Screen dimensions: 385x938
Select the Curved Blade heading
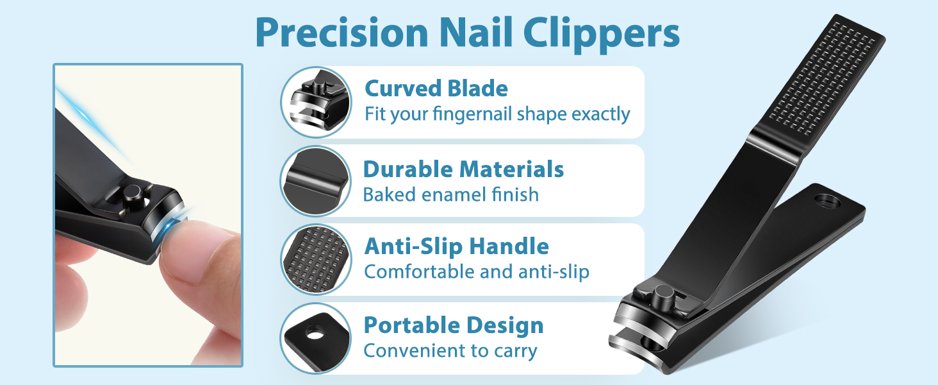point(436,89)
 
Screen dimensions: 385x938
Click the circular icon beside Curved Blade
point(316,102)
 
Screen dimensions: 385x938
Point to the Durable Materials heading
point(463,169)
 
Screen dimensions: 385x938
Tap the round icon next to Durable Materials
point(316,181)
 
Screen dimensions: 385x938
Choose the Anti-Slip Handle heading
point(456,246)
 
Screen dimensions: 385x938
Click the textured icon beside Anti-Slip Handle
point(316,260)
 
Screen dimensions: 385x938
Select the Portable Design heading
point(453,325)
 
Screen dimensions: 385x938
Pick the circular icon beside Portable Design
point(316,338)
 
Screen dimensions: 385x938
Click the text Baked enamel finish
point(450,194)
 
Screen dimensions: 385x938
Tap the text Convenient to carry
point(450,351)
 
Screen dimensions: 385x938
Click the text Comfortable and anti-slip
point(476,271)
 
